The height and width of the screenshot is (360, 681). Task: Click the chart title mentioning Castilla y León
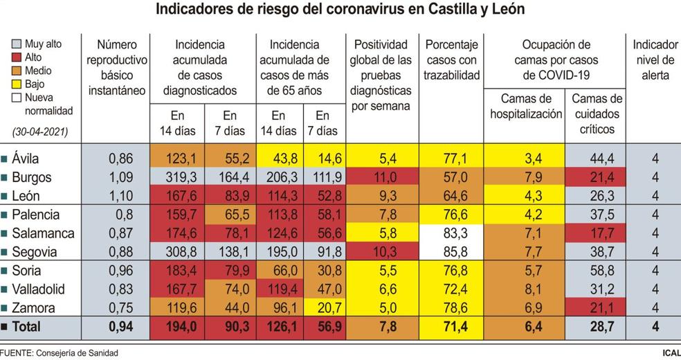pyautogui.click(x=340, y=10)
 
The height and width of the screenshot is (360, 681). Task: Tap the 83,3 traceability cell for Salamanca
pyautogui.click(x=453, y=233)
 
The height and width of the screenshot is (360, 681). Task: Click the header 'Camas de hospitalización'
pyautogui.click(x=525, y=107)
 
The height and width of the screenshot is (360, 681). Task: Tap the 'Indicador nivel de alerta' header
pyautogui.click(x=655, y=60)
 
